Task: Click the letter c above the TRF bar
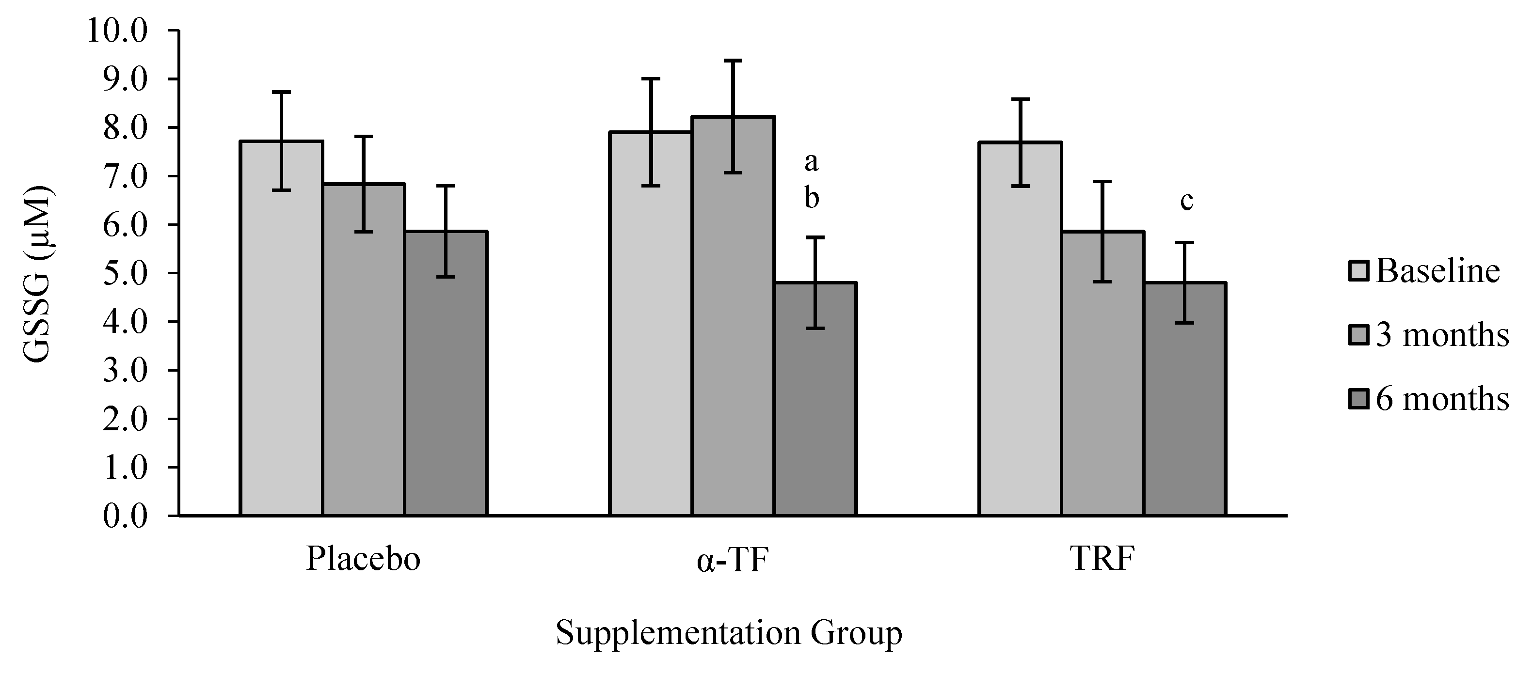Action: [1186, 201]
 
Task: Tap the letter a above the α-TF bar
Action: [811, 161]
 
